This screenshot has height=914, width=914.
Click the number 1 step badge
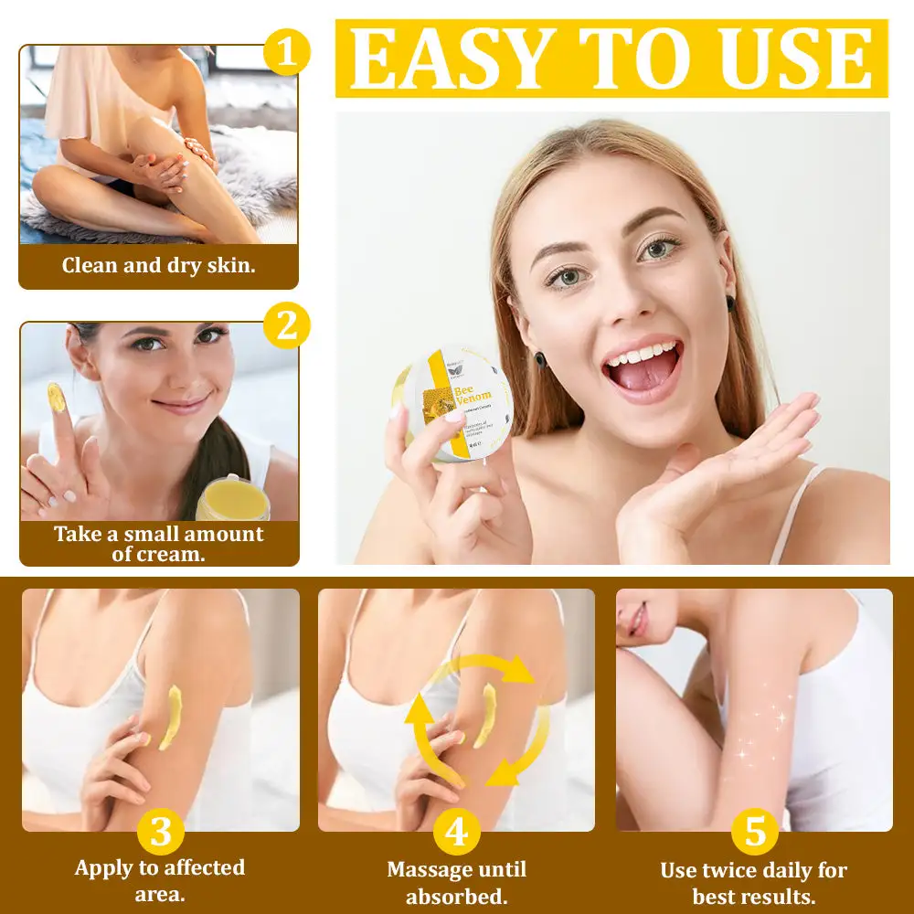286,52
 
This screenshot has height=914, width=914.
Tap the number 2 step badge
287,326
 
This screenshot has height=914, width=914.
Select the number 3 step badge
161,833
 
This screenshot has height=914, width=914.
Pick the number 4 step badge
457,833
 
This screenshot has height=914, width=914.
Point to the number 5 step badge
755,833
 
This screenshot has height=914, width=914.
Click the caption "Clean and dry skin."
159,266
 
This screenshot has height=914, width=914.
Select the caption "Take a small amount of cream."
159,544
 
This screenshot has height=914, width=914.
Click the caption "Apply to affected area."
160,880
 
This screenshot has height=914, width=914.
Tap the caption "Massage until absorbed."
457,882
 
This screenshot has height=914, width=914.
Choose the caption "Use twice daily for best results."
754,882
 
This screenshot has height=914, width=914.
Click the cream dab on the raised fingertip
57,398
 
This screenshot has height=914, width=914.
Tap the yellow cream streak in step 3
171,717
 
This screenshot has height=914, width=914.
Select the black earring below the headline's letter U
731,303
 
